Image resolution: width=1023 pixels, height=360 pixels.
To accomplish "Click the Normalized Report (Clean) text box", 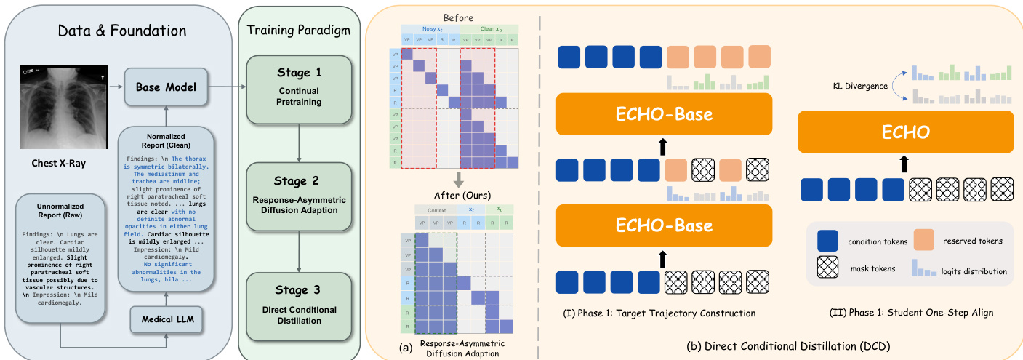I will tap(167, 207).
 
